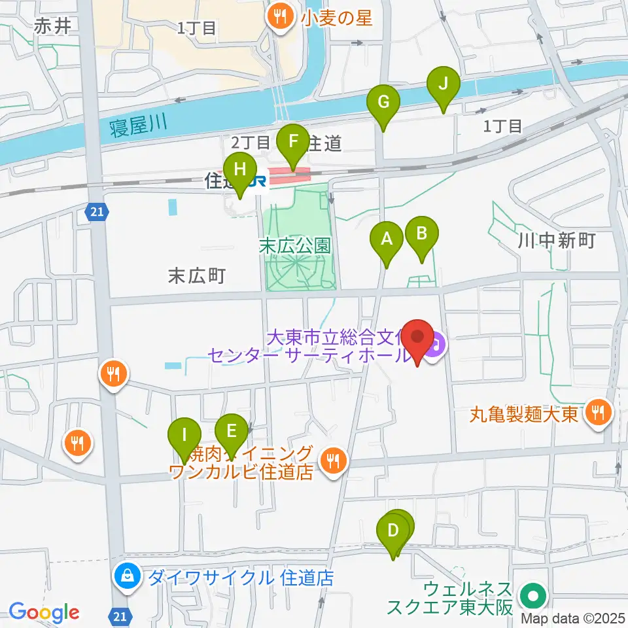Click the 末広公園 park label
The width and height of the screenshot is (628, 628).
294,247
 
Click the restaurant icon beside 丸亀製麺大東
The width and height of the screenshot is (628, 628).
597,413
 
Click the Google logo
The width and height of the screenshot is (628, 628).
44,613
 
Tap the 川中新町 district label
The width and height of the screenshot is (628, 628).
556,241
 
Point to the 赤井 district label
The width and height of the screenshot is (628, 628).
52,26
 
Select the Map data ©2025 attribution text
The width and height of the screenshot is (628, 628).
572,618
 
